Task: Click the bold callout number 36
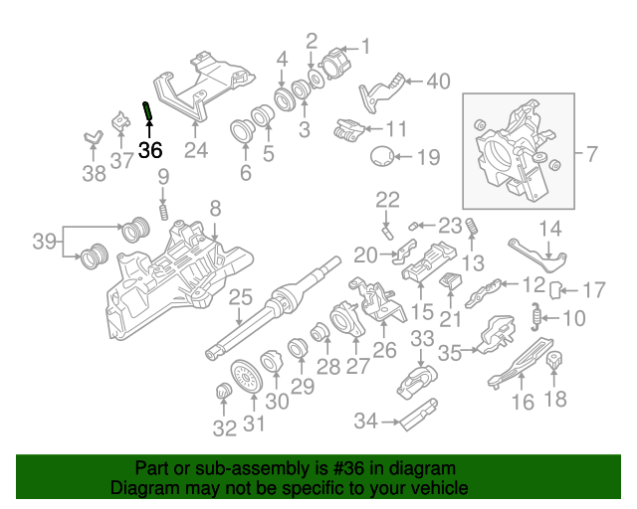click(149, 151)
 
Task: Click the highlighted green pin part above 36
click(148, 111)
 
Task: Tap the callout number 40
click(438, 83)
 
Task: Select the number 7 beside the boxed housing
click(591, 154)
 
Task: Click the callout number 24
click(196, 151)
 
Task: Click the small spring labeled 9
click(163, 212)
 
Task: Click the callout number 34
click(365, 422)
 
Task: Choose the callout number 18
click(555, 400)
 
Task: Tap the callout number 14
click(550, 229)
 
